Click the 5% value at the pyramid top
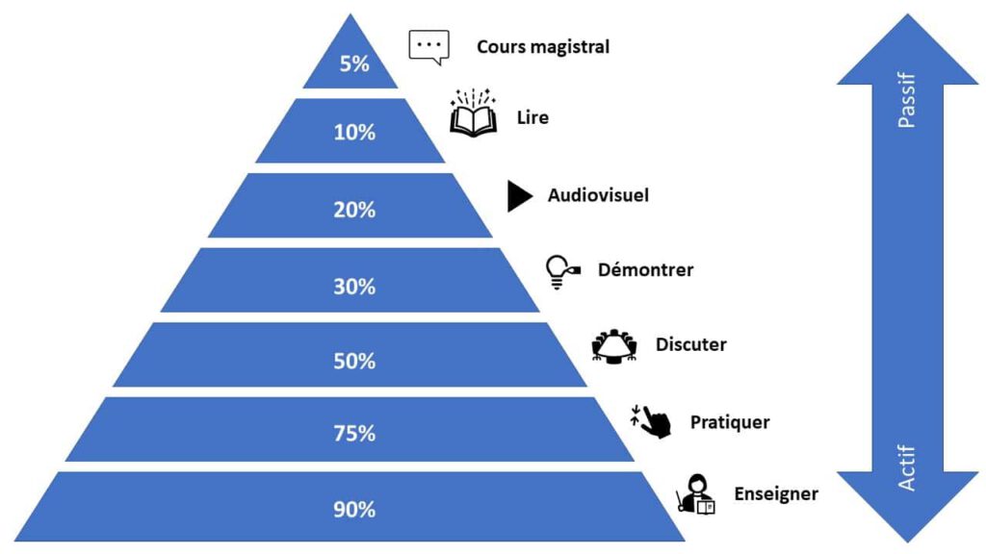[x=354, y=64]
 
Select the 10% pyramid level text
[x=354, y=133]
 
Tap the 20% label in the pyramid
[x=354, y=209]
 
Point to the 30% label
[x=354, y=286]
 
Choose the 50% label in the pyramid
[x=354, y=361]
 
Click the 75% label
[x=354, y=434]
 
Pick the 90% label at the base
[x=354, y=510]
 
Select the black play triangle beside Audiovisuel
[x=520, y=196]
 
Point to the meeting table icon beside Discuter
[x=614, y=345]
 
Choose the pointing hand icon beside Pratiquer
[x=652, y=421]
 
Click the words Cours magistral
[x=543, y=46]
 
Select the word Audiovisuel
[x=598, y=195]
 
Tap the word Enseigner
[x=776, y=494]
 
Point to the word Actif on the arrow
[x=906, y=467]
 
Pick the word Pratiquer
[x=730, y=421]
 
